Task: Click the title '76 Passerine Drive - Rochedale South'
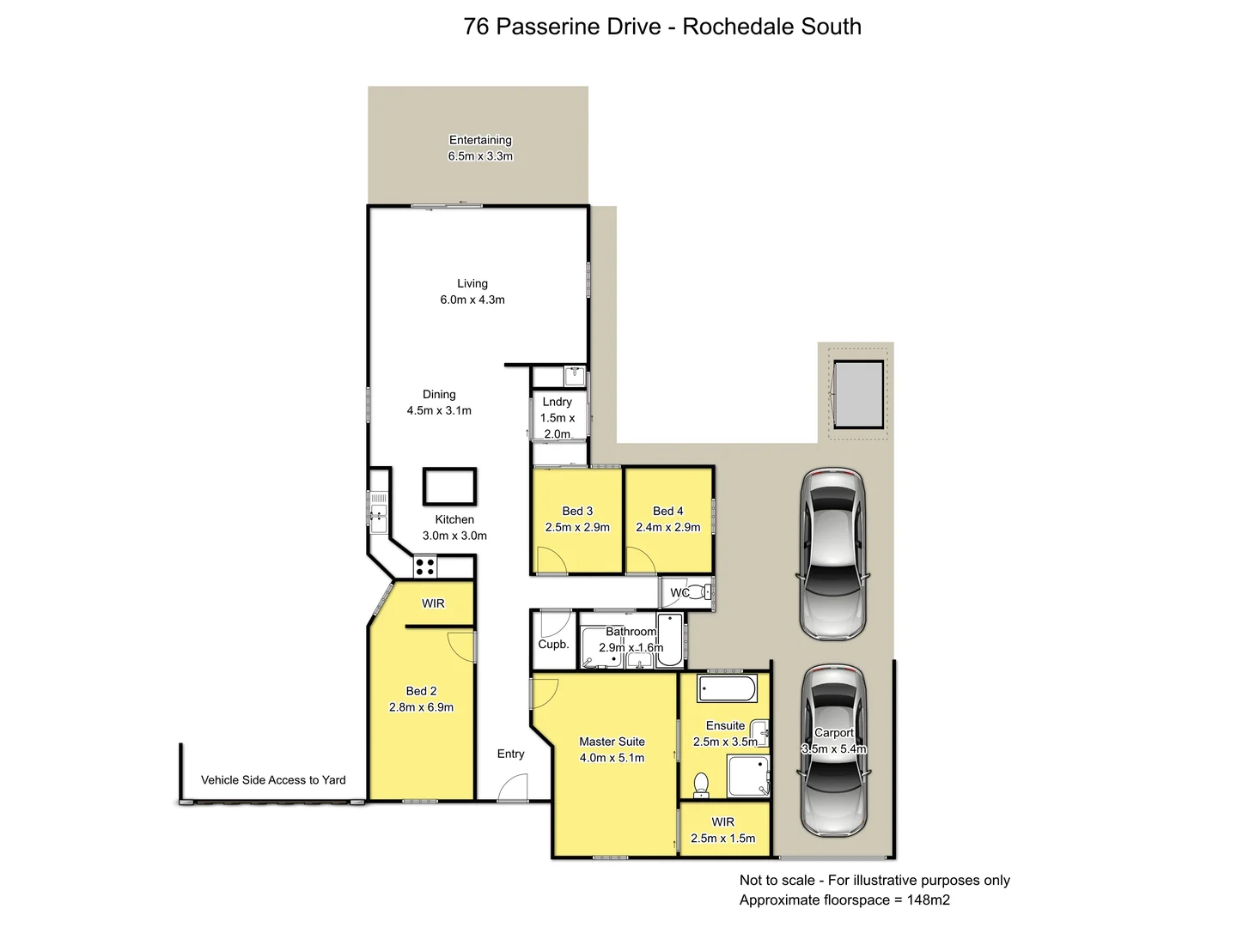[x=661, y=27]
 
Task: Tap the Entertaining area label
[x=480, y=140]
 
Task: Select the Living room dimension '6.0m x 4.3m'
[x=472, y=300]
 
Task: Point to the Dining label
[x=439, y=394]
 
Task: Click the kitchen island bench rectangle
[x=448, y=487]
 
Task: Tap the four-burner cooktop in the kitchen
[x=424, y=566]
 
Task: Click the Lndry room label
[x=557, y=402]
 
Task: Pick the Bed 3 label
[x=577, y=511]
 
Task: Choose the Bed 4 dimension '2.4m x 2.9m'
[x=667, y=527]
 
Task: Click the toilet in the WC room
[x=701, y=591]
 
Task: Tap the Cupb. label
[x=553, y=644]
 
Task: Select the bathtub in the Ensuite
[x=727, y=688]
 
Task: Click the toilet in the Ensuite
[x=701, y=784]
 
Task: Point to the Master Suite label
[x=612, y=742]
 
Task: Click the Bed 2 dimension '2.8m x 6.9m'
[x=421, y=707]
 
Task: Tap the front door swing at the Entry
[x=513, y=787]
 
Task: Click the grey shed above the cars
[x=858, y=394]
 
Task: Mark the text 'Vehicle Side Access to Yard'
[x=273, y=780]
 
